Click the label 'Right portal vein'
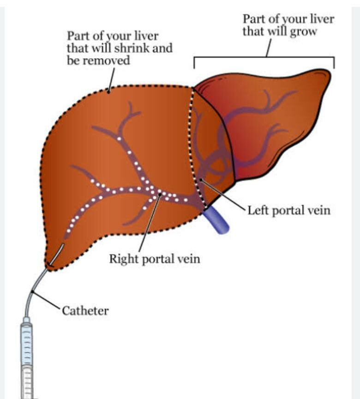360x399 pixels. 154,258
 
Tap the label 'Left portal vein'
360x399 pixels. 289,210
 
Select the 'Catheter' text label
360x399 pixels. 86,310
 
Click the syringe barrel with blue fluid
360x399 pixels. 27,342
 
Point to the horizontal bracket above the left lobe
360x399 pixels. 263,57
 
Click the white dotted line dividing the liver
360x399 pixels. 193,139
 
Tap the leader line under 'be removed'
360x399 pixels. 111,79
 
